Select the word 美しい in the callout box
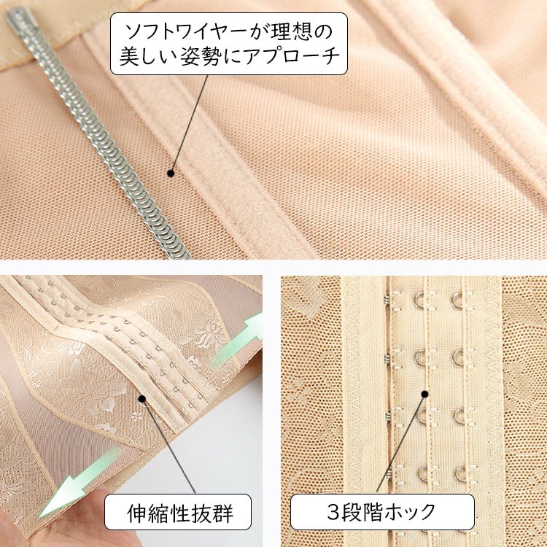point(147,56)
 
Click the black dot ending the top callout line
point(171,173)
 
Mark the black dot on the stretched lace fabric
point(141,398)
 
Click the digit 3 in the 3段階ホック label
point(334,512)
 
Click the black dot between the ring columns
point(424,394)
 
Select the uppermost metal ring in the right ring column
point(457,300)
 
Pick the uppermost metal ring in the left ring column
point(419,300)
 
